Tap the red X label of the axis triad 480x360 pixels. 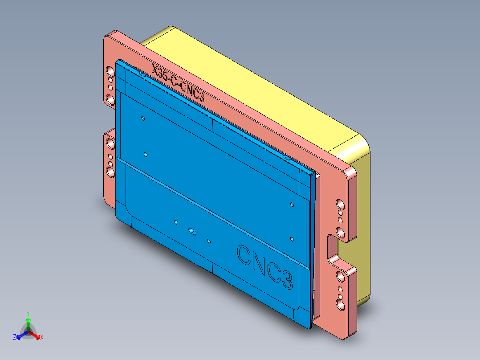[x=42, y=337]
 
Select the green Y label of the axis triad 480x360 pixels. [x=28, y=313]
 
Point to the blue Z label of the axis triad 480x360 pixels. [x=15, y=337]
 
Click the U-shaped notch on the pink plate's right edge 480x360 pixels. [x=333, y=247]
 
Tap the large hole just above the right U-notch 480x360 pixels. [x=340, y=232]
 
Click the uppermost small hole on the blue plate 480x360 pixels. [x=143, y=119]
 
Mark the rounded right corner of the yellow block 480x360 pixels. [x=363, y=147]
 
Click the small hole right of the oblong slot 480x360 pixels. [x=208, y=241]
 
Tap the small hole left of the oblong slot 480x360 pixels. [x=176, y=221]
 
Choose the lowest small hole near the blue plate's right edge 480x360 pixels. [x=292, y=239]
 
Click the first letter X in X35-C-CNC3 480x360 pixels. [x=155, y=70]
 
